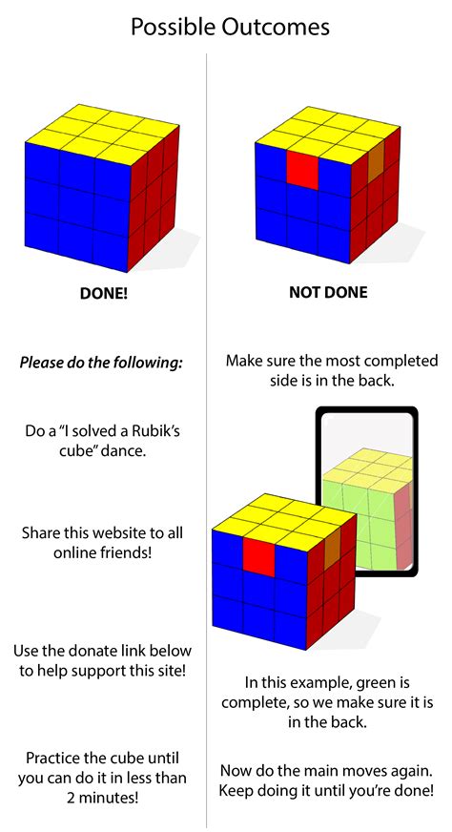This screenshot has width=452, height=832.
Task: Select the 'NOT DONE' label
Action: pyautogui.click(x=328, y=293)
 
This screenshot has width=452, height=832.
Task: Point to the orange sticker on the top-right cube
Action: pyautogui.click(x=375, y=156)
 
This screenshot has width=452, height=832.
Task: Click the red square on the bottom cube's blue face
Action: pyautogui.click(x=258, y=553)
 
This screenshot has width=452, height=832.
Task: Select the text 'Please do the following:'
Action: pyautogui.click(x=101, y=363)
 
